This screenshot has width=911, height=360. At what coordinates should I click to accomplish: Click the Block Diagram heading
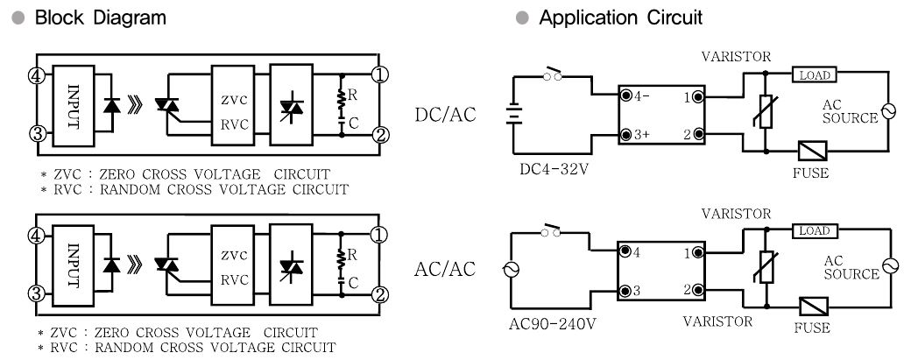tap(101, 18)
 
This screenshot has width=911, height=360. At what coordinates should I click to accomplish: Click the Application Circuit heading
tap(620, 18)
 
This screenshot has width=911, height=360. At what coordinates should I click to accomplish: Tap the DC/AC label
tap(445, 115)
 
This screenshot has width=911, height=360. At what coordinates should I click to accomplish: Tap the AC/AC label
tap(445, 270)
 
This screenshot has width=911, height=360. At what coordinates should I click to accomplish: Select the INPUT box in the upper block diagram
tap(74, 105)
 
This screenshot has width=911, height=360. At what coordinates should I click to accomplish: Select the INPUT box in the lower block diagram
tap(73, 265)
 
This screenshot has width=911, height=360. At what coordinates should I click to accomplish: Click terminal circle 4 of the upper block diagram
tap(37, 76)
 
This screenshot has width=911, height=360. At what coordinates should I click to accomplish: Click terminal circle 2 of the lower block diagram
tap(379, 294)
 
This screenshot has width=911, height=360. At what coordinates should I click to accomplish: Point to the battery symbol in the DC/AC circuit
tap(513, 113)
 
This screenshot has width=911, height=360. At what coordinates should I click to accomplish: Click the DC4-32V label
tap(558, 170)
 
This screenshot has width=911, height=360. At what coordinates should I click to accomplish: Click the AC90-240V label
tap(553, 323)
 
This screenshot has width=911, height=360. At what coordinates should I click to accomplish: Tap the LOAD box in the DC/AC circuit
tap(815, 75)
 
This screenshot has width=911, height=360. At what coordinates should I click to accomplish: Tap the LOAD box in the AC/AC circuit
tap(815, 230)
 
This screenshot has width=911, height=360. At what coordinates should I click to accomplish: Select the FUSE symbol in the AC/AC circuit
tap(814, 307)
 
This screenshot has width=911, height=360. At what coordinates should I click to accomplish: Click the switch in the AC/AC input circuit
tap(551, 230)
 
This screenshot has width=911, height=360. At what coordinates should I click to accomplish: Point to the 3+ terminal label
tap(642, 135)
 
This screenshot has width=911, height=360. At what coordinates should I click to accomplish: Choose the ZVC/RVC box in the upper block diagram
tap(233, 105)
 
